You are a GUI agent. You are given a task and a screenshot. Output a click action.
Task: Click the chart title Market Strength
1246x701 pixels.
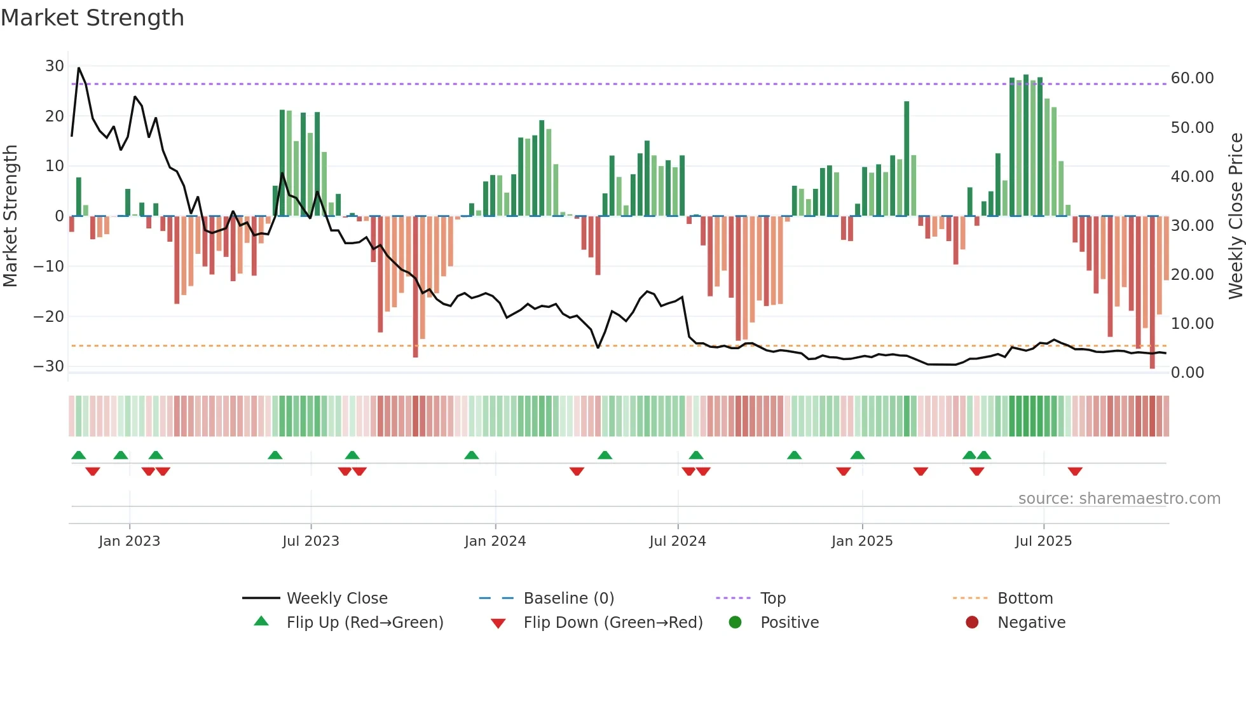[x=92, y=18]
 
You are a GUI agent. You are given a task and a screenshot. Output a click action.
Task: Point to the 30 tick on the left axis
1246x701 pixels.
[x=54, y=66]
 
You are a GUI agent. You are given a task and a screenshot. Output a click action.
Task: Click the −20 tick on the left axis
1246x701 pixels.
[x=49, y=316]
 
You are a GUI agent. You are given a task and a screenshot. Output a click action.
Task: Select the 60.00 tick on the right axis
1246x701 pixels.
[x=1192, y=78]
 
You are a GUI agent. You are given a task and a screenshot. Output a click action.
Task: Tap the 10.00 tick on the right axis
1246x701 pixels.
[x=1192, y=324]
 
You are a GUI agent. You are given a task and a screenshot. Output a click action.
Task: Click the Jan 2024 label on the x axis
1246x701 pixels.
[x=495, y=541]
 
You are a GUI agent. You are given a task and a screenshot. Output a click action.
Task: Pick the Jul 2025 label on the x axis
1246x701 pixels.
[x=1043, y=541]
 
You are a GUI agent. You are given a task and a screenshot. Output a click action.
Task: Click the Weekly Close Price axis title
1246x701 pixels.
[x=1235, y=216]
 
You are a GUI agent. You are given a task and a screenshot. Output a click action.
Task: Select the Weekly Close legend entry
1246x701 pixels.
[x=336, y=599]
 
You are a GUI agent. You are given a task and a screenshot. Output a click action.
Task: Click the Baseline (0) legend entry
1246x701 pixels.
[x=568, y=599]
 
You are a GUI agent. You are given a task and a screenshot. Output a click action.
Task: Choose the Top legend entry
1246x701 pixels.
[x=772, y=599]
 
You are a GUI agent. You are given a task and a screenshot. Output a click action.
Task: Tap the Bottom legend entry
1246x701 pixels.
[x=1025, y=599]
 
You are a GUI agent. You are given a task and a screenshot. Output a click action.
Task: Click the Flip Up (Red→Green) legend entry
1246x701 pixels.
[x=364, y=623]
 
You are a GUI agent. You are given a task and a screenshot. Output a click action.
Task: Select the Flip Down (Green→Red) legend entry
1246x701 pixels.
[x=613, y=623]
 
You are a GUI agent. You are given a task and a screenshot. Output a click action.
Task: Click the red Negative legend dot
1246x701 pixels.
[x=972, y=623]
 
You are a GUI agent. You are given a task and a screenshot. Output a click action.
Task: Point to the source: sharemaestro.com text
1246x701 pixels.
[x=1119, y=499]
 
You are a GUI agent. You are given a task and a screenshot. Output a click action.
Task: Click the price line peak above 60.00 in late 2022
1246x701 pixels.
[x=79, y=68]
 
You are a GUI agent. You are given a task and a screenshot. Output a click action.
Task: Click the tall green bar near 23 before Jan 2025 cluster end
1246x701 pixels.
[x=907, y=159]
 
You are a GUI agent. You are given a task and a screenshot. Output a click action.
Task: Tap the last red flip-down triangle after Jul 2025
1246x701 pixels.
[x=1075, y=471]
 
